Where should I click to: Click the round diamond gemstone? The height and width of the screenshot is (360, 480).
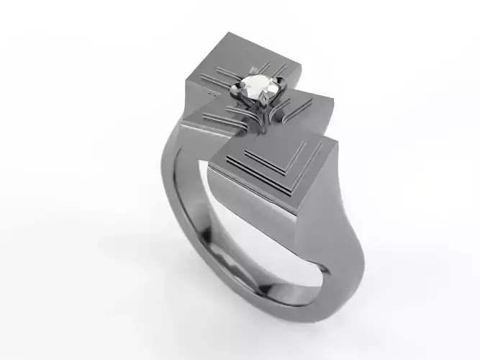(x=255, y=88)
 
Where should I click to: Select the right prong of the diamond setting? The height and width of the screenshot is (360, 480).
(x=276, y=89)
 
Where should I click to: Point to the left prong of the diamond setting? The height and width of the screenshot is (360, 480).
(x=235, y=89)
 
